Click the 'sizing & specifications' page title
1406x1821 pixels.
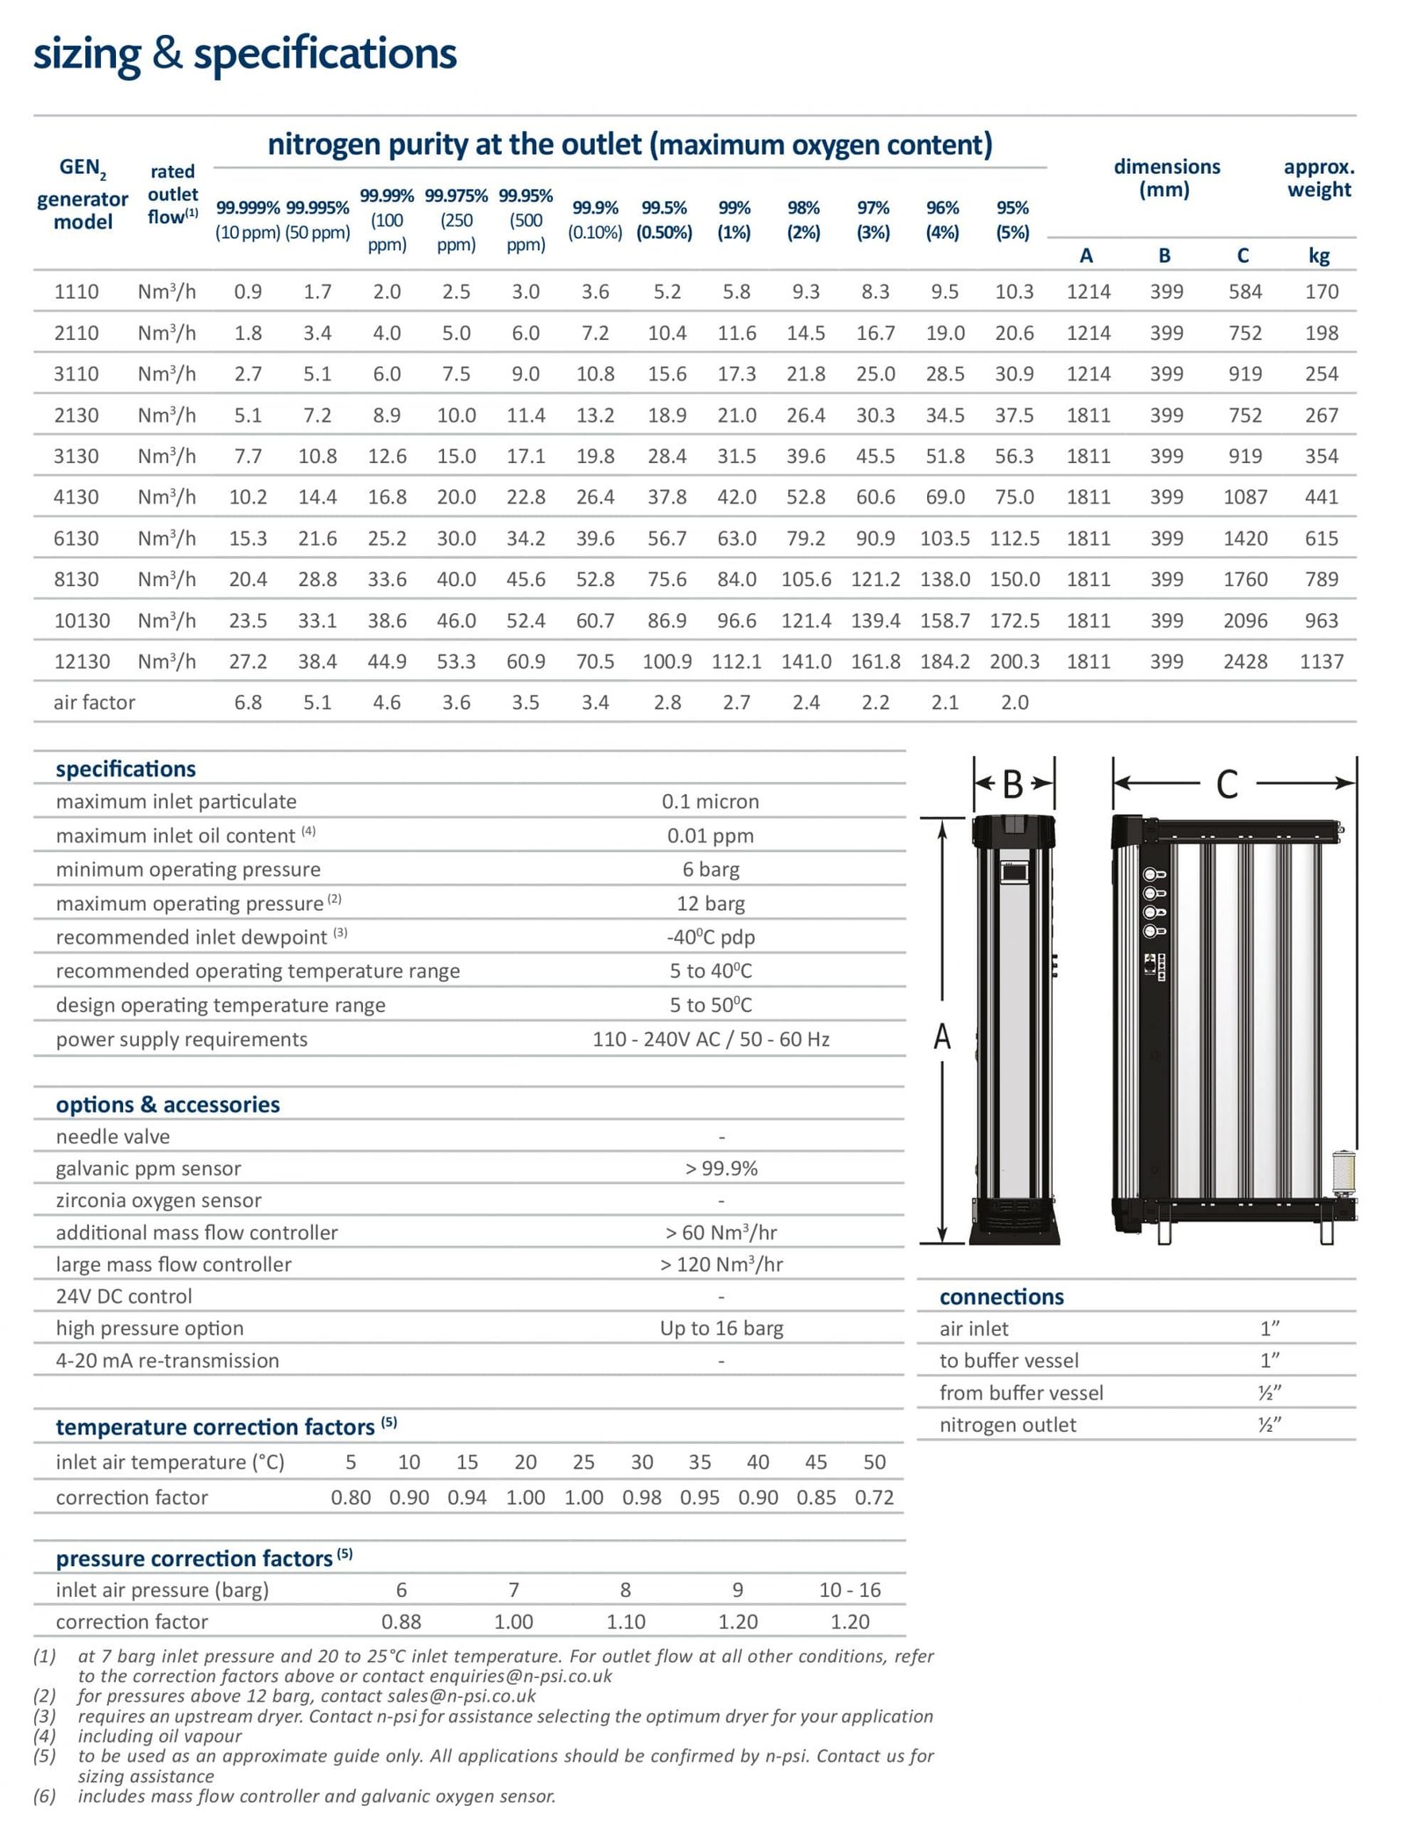(244, 54)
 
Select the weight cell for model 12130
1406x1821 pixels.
(1321, 661)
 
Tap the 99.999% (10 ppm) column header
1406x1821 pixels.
(248, 220)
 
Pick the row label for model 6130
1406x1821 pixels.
(76, 538)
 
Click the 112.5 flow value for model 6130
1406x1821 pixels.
(1014, 538)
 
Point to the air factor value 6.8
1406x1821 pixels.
(248, 703)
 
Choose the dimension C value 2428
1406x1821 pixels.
(1245, 661)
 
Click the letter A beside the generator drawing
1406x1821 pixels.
(942, 1037)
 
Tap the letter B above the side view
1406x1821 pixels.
(1012, 784)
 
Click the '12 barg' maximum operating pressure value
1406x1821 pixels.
(710, 903)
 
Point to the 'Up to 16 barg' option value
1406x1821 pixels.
(721, 1328)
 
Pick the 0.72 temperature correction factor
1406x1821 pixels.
(873, 1498)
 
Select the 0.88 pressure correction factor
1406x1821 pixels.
(401, 1622)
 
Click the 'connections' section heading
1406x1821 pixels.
(1001, 1297)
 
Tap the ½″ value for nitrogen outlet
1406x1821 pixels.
(1269, 1425)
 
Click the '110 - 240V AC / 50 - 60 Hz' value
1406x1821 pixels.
(710, 1039)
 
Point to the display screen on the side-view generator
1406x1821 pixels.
(1014, 872)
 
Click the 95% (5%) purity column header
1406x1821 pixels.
(1012, 220)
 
